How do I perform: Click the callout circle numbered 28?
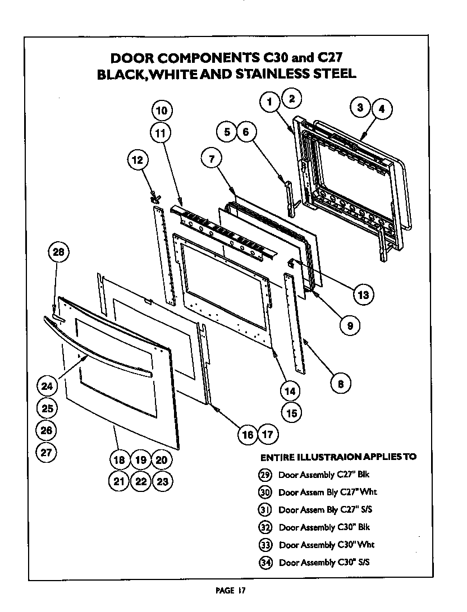tap(58, 252)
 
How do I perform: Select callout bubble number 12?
tap(137, 160)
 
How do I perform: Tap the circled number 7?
tap(211, 159)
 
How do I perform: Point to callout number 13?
tap(363, 295)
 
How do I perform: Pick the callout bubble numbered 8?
tap(340, 384)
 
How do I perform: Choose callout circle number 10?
tap(161, 111)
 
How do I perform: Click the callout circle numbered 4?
tap(382, 110)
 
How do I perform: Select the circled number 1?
tap(270, 102)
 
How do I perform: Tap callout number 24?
tap(47, 386)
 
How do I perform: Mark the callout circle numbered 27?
tap(47, 452)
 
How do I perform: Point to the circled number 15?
tap(291, 413)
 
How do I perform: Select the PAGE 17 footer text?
tap(231, 590)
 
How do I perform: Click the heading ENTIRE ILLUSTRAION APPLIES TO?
tap(338, 457)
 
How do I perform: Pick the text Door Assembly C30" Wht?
tap(326, 545)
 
